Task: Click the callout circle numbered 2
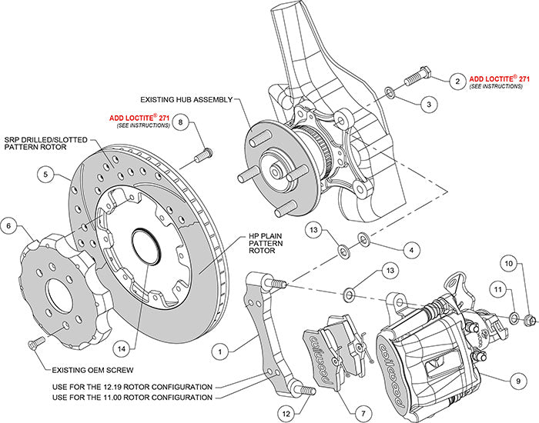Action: pos(457,80)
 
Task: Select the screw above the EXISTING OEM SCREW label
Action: pos(35,342)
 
